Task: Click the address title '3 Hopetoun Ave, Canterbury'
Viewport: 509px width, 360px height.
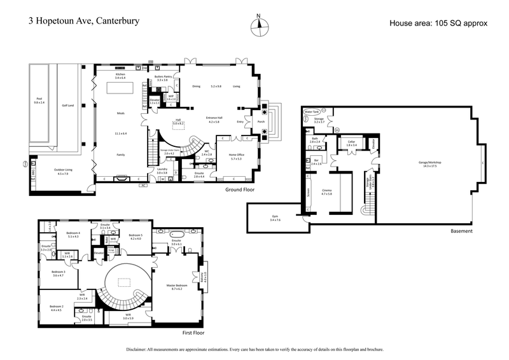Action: click(x=84, y=20)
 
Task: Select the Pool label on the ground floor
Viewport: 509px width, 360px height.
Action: click(x=39, y=100)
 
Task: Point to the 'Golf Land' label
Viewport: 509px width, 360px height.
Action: click(x=68, y=106)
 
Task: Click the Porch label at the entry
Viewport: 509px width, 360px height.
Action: click(x=260, y=121)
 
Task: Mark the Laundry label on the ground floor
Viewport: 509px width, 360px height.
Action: click(x=162, y=170)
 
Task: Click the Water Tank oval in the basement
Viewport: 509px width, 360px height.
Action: click(x=311, y=111)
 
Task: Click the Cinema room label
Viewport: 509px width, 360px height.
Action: click(x=326, y=191)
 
